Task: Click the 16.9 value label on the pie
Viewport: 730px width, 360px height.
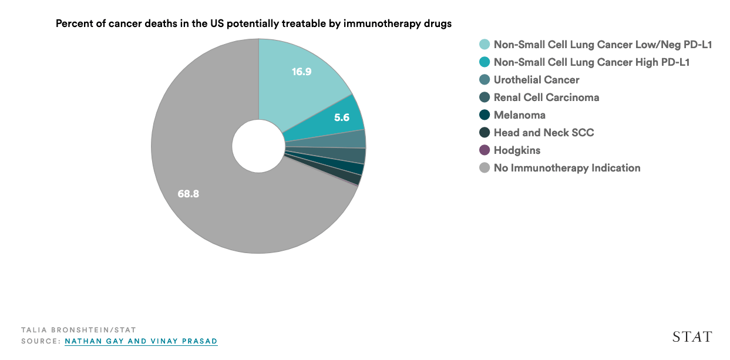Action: point(301,72)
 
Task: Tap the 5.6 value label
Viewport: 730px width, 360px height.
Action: point(341,117)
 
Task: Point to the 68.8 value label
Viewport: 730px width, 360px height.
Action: point(189,193)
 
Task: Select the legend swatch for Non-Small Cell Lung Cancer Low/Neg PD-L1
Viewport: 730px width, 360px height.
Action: point(485,45)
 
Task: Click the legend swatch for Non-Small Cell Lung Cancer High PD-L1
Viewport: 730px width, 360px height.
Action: point(485,62)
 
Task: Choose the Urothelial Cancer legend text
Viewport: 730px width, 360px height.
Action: point(536,80)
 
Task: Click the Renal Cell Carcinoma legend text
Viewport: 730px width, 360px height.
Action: point(546,97)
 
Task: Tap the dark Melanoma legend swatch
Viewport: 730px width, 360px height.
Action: point(485,115)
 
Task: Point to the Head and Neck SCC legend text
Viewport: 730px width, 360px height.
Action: point(543,133)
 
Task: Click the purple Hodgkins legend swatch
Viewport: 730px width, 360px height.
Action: point(485,150)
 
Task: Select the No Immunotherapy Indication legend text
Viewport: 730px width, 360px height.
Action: point(567,168)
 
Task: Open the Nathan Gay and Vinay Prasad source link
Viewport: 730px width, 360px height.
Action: point(141,341)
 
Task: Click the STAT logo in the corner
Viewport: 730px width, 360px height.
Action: point(692,337)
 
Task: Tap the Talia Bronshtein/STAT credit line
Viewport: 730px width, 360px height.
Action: point(78,330)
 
